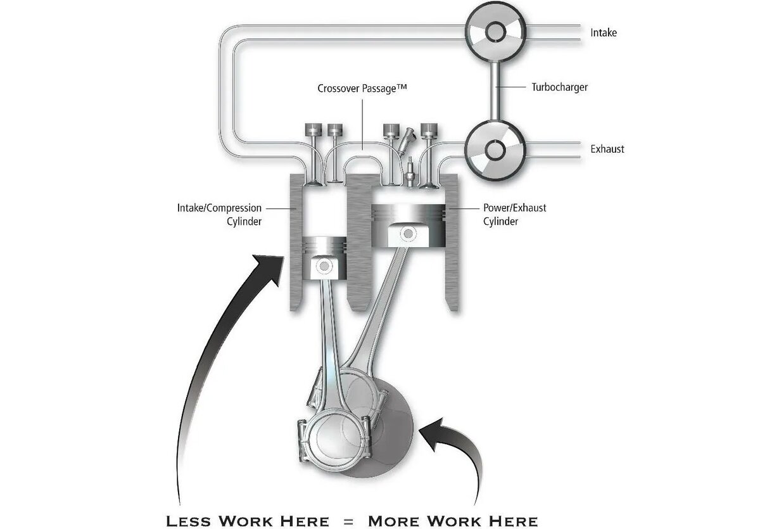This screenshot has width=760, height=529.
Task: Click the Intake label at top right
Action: (x=603, y=32)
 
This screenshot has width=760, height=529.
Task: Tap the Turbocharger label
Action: (x=559, y=87)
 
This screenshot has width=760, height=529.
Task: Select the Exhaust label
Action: (x=607, y=149)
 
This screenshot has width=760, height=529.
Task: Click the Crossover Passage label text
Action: (x=362, y=89)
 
